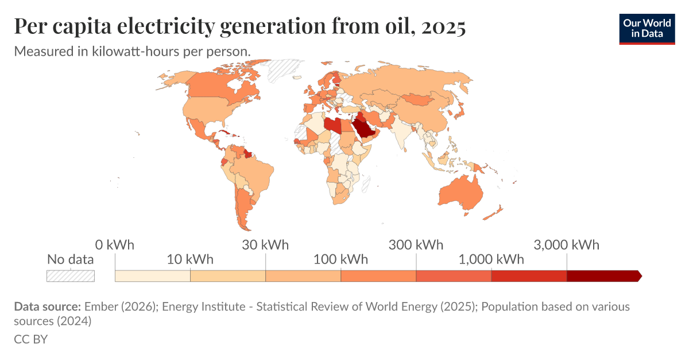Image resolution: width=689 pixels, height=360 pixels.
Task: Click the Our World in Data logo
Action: pyautogui.click(x=647, y=28)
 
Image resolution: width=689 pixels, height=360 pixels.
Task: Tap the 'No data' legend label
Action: pyautogui.click(x=70, y=260)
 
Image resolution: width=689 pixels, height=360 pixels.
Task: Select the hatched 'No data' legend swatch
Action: pyautogui.click(x=70, y=276)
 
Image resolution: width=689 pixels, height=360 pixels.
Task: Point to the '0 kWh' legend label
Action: pyautogui.click(x=115, y=245)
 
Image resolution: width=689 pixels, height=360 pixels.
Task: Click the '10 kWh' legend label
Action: pyautogui.click(x=190, y=260)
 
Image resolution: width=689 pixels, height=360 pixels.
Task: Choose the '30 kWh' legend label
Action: pyautogui.click(x=265, y=245)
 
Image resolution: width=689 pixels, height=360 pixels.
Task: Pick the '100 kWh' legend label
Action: pyautogui.click(x=340, y=260)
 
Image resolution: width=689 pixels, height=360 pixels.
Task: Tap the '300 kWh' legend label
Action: pyautogui.click(x=416, y=245)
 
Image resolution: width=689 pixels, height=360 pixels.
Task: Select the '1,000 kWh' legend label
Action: pyautogui.click(x=491, y=260)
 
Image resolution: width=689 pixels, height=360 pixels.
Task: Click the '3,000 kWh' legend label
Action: pyautogui.click(x=567, y=245)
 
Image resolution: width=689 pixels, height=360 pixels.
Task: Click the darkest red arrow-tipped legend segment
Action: pyautogui.click(x=603, y=276)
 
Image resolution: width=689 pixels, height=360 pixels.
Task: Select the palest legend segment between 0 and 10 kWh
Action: pyautogui.click(x=153, y=276)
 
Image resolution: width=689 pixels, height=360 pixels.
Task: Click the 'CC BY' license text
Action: pyautogui.click(x=30, y=339)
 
